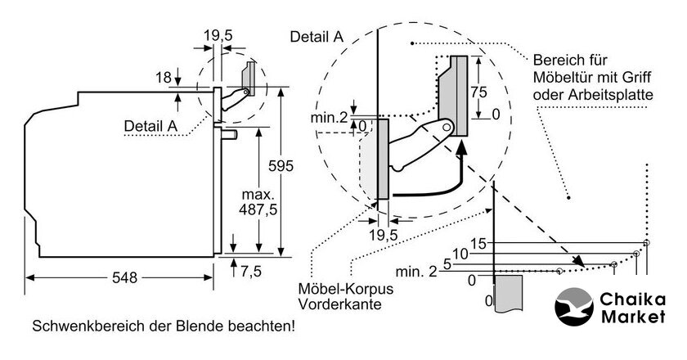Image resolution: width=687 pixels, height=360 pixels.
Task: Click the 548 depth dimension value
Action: [124, 277]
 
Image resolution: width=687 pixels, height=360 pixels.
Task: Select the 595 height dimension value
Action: [281, 166]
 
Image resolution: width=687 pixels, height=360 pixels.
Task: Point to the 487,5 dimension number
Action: [258, 210]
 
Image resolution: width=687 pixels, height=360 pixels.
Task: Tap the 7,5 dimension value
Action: [251, 272]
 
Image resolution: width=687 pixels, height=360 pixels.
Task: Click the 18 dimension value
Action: [164, 78]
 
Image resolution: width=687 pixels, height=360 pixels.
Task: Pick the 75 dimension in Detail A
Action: [479, 92]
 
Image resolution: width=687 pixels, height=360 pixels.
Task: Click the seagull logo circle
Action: [574, 307]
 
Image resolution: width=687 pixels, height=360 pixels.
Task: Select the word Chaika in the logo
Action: [633, 299]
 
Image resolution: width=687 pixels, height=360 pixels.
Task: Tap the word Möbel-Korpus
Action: [339, 289]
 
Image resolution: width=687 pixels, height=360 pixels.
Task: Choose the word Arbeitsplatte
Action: [612, 95]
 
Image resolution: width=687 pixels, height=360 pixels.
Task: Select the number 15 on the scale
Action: [479, 243]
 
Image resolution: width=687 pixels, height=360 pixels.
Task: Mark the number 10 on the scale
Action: [460, 254]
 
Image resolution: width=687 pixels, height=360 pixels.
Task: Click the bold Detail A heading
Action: [317, 37]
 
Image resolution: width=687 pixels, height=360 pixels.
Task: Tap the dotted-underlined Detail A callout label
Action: [150, 126]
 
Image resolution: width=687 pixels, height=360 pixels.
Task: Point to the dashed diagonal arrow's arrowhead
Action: [579, 261]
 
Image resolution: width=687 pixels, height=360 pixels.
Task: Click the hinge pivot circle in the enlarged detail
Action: [447, 128]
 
